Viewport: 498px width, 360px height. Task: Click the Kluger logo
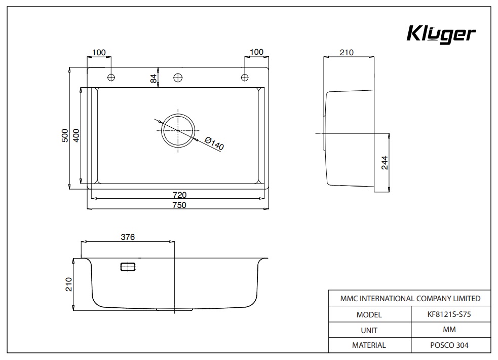[x=441, y=34]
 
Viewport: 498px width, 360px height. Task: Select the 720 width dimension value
[x=179, y=195]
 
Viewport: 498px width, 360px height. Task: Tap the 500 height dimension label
[x=64, y=135]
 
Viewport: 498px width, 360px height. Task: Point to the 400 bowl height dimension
[x=75, y=135]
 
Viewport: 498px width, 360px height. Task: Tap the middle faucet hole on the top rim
[x=178, y=78]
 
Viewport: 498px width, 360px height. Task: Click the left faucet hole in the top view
[x=111, y=77]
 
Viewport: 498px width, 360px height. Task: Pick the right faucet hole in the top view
[x=245, y=77]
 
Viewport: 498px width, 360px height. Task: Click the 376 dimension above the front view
[x=128, y=237]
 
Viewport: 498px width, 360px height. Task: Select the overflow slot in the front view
[x=128, y=267]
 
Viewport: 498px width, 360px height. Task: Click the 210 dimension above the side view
[x=347, y=52]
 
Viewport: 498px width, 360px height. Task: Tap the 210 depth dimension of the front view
[x=69, y=284]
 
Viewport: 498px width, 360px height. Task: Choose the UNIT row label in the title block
[x=369, y=330]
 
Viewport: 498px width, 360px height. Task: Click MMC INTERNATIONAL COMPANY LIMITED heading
[x=409, y=299]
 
